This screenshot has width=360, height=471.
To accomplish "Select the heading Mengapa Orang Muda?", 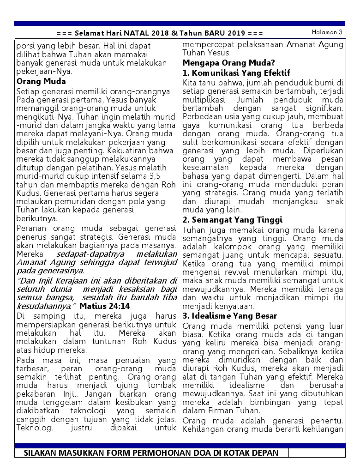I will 229,63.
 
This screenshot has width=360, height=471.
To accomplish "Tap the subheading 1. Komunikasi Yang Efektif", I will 236,73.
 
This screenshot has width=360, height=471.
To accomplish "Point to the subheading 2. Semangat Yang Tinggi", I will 233,220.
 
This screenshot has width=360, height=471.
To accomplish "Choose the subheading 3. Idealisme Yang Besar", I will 230,316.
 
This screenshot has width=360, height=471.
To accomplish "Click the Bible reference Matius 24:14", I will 105,306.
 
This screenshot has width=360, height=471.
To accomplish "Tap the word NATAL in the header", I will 125,33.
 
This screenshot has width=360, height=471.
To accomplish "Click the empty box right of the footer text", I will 316,453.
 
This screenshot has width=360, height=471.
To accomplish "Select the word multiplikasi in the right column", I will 203,99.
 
